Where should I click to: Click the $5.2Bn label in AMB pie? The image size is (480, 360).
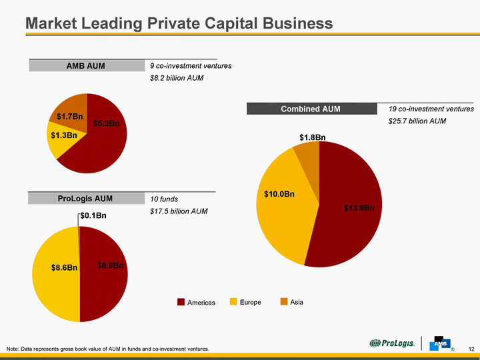pyautogui.click(x=106, y=123)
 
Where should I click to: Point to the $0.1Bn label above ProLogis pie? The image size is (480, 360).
pyautogui.click(x=93, y=215)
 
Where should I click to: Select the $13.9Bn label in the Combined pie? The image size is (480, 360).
pyautogui.click(x=359, y=208)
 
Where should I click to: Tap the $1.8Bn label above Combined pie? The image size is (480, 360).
pyautogui.click(x=312, y=137)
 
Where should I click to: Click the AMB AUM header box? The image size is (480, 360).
pyautogui.click(x=87, y=65)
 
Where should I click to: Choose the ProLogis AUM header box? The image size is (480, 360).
pyautogui.click(x=85, y=198)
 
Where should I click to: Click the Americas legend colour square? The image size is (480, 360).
pyautogui.click(x=181, y=303)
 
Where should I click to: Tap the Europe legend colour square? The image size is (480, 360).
pyautogui.click(x=233, y=302)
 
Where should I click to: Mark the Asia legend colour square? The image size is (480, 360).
pyautogui.click(x=283, y=302)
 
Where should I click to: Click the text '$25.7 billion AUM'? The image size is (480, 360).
pyautogui.click(x=417, y=121)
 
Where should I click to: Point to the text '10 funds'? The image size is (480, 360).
pyautogui.click(x=164, y=199)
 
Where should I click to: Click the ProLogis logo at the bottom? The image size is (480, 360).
pyautogui.click(x=393, y=343)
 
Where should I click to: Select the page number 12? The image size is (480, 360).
pyautogui.click(x=471, y=349)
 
